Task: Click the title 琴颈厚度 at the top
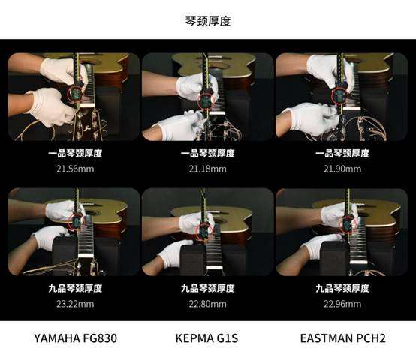(208, 21)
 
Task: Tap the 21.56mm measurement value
(75, 169)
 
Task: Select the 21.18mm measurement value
(208, 169)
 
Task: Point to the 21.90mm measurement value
(342, 169)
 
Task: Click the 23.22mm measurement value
(75, 304)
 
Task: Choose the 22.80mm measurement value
(208, 304)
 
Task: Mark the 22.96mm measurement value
(342, 304)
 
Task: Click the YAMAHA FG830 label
(75, 338)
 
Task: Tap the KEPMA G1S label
(206, 338)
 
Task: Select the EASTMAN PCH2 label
(342, 338)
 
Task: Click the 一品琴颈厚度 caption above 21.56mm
(75, 154)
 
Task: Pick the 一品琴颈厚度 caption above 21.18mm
(208, 154)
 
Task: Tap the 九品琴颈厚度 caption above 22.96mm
(342, 288)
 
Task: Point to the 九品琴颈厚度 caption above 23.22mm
(75, 288)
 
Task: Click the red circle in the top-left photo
(68, 94)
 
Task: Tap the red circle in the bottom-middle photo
(197, 231)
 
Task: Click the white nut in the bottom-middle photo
(214, 267)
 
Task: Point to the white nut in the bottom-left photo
(86, 256)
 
